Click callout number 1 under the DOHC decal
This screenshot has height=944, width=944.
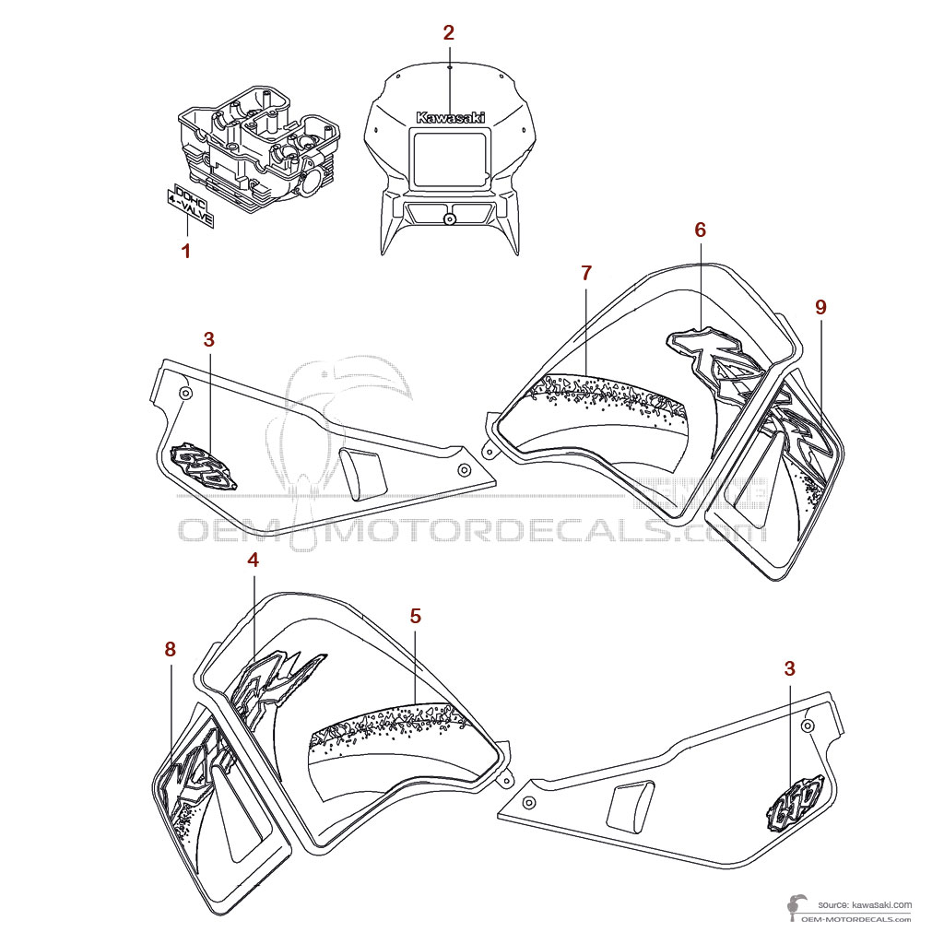point(186,251)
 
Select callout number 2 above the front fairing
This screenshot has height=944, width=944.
point(448,33)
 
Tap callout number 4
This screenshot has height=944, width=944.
point(253,559)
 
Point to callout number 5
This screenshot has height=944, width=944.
point(415,616)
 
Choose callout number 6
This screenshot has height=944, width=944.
point(700,230)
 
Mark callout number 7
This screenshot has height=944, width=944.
point(586,273)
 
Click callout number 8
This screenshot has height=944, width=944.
point(170,649)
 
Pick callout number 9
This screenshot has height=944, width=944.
point(820,308)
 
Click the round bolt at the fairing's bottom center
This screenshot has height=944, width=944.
point(449,218)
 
